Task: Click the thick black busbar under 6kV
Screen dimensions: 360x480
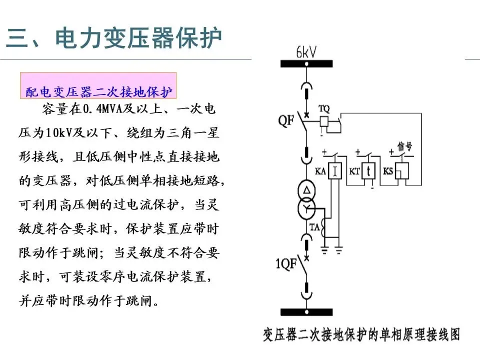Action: click(306, 63)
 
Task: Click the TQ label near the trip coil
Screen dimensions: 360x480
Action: click(324, 108)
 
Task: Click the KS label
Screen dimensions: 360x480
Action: click(388, 171)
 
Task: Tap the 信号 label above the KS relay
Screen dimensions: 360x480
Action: click(404, 146)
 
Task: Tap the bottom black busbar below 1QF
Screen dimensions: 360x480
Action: click(306, 312)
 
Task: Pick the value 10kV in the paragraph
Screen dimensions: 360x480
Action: click(58, 133)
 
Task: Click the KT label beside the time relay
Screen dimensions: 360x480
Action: click(354, 171)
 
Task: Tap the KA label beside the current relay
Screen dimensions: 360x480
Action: click(320, 171)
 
